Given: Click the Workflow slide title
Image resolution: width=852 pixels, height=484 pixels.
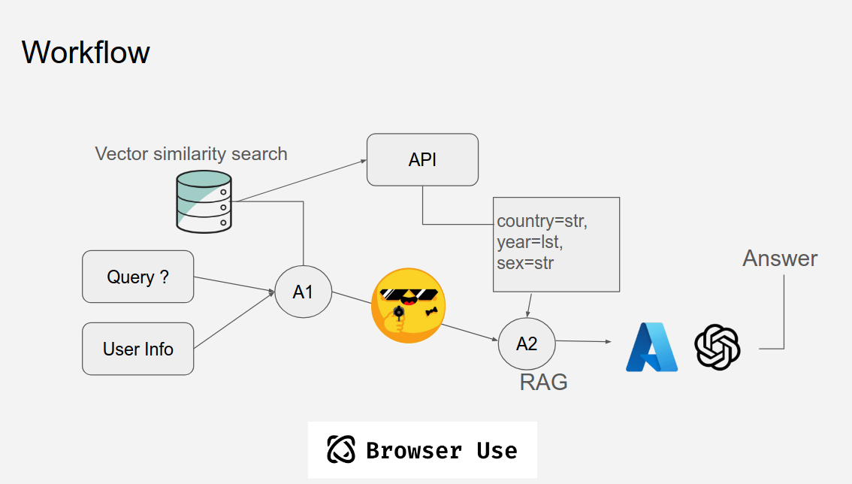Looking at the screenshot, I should pos(86,53).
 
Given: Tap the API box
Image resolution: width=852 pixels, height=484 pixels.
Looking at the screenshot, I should pos(422,159).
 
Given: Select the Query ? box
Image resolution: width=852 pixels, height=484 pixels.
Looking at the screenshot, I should pos(138,277).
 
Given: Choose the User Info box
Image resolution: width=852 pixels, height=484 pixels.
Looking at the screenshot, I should pos(138,349).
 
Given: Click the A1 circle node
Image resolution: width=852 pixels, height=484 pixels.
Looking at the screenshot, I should pos(303,292).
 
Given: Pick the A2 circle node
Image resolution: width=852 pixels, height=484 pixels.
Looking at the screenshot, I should pos(527,343).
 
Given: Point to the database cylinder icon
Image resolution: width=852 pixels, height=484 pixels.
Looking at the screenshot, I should pos(203,201).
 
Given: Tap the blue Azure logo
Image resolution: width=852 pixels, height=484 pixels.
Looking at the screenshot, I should pos(651,346).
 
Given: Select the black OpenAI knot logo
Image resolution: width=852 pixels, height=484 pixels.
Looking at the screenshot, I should pos(718,346).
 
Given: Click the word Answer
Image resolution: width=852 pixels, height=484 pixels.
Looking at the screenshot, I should pos(780,259).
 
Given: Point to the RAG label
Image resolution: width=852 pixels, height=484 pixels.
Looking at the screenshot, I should pos(543,382).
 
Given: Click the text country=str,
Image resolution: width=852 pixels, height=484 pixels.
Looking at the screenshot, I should pos(542,222).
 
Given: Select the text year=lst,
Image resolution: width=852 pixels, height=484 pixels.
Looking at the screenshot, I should pos(530,242).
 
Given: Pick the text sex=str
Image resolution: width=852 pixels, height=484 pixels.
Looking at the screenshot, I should pos(525,262).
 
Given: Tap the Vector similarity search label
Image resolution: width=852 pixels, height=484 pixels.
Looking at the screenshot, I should pos(191,154).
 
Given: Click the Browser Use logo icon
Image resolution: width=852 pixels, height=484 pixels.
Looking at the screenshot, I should pos(341,449).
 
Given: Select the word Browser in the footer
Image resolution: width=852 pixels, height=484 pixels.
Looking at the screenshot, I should pos(413,450).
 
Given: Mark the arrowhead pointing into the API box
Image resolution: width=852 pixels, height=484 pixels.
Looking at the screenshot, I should pos(362,160).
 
